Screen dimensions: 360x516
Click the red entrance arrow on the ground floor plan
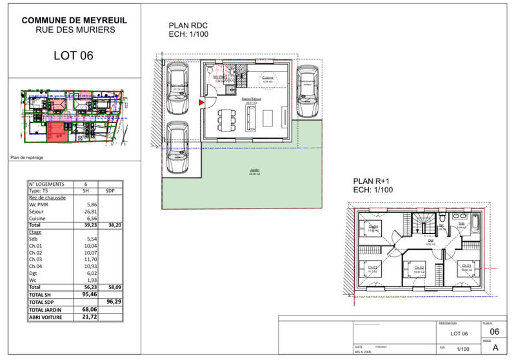click(201, 102)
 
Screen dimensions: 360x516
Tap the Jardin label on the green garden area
click(246, 172)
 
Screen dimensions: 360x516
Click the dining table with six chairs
click(225, 118)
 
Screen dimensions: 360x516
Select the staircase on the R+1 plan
click(425, 225)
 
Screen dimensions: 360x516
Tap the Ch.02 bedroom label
click(419, 266)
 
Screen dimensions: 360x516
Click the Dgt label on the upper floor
click(431, 241)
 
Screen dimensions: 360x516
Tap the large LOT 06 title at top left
click(74, 56)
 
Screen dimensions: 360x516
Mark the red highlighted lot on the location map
click(57, 132)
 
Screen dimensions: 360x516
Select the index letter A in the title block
click(495, 346)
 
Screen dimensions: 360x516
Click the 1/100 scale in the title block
click(463, 348)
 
